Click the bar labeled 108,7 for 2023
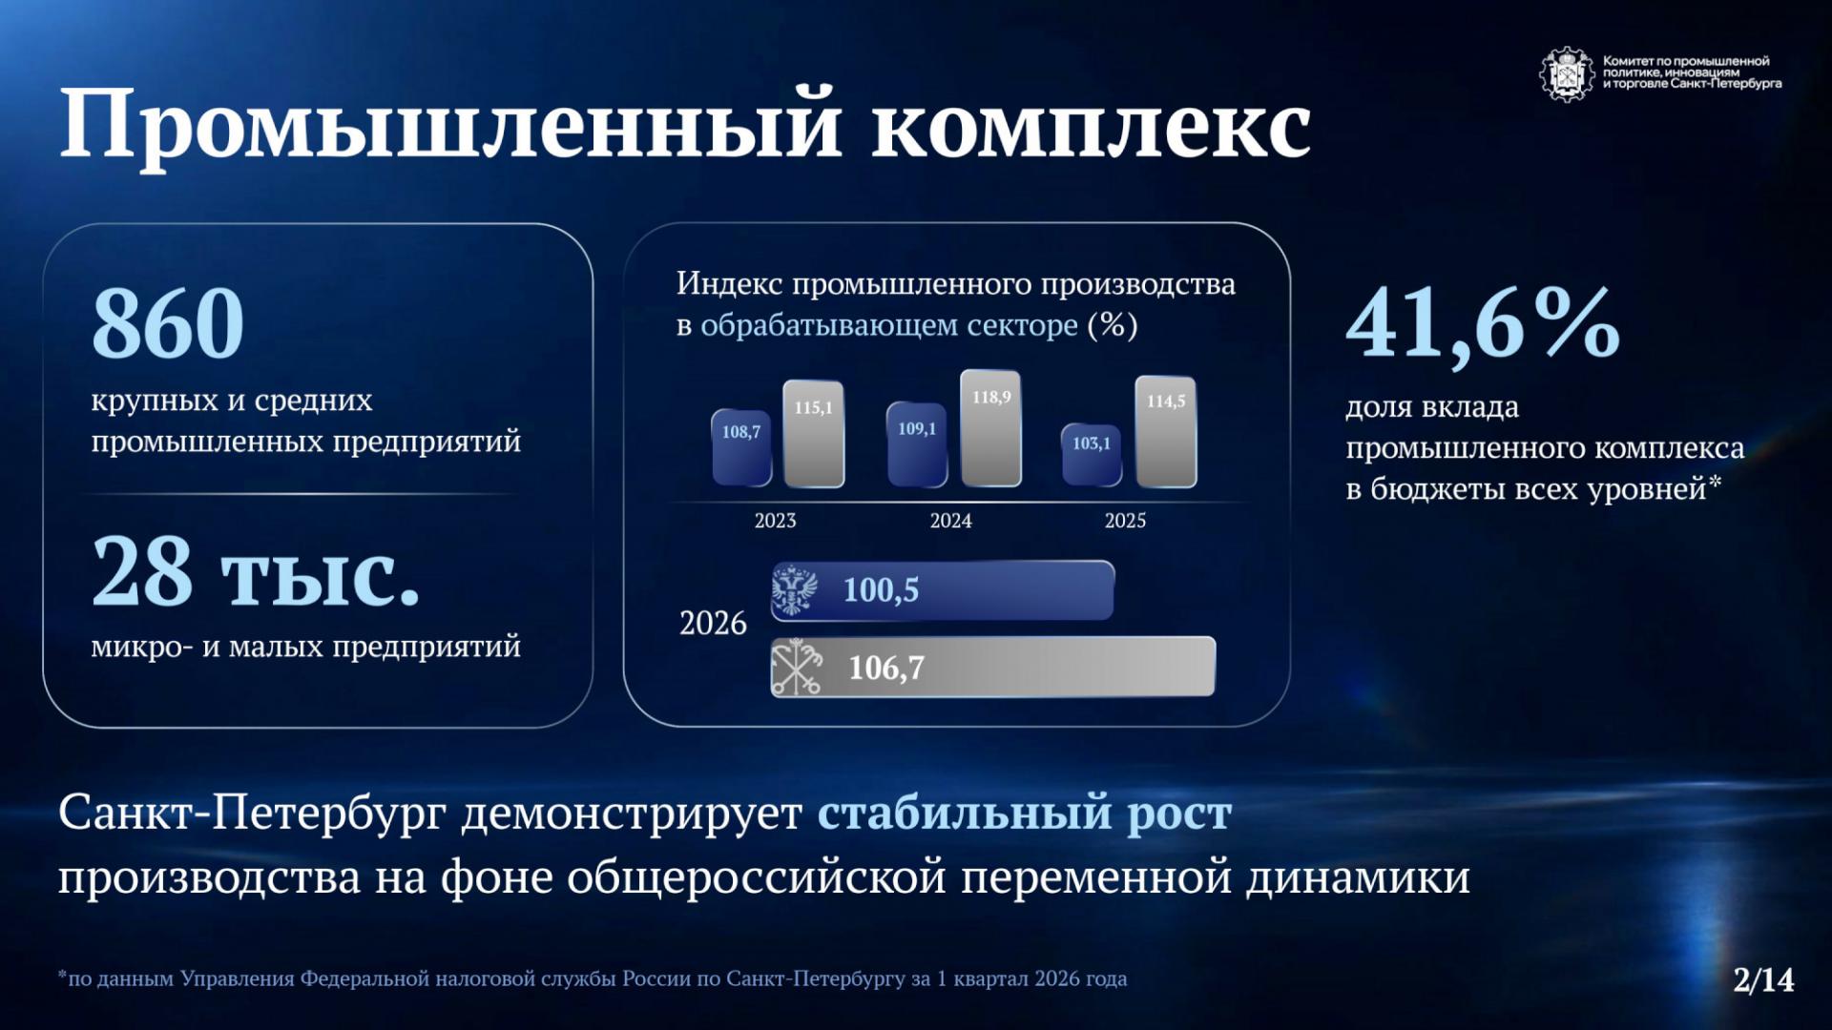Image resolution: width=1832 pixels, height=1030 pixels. tap(741, 448)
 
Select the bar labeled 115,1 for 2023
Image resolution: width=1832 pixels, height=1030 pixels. tap(814, 434)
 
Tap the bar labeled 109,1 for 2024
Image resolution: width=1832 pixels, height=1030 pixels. tap(917, 444)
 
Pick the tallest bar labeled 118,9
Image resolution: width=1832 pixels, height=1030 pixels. tap(990, 428)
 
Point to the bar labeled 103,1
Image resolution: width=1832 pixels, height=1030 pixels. tap(1092, 455)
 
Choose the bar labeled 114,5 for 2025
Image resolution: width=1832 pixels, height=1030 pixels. tap(1166, 432)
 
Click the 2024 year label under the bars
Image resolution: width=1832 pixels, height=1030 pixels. tap(950, 521)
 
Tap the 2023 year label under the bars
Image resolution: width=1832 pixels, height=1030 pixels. tap(775, 521)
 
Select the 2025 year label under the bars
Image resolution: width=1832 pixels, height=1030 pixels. tap(1125, 521)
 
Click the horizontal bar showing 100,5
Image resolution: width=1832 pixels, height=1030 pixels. tap(943, 590)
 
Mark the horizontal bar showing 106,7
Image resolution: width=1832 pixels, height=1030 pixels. tap(993, 667)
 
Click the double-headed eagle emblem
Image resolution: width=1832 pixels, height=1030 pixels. tap(794, 590)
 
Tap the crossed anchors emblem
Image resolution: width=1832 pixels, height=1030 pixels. tap(797, 667)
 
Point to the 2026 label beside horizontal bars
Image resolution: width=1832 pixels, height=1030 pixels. tap(713, 624)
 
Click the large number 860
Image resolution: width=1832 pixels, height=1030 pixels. tap(168, 323)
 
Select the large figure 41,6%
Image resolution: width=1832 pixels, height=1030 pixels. tap(1483, 324)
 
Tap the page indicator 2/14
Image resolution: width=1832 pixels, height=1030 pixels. tap(1764, 979)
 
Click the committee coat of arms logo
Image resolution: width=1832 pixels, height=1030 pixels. tap(1567, 73)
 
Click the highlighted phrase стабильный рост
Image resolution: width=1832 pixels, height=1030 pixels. tap(1025, 814)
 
